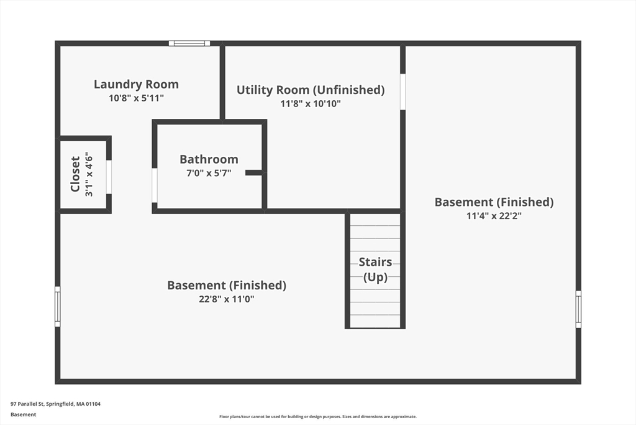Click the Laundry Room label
[136, 84]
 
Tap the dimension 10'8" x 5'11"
[136, 98]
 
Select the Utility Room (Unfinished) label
[311, 90]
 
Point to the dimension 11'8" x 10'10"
[311, 104]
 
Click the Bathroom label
[209, 159]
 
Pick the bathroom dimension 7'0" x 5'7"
[209, 173]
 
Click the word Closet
[75, 174]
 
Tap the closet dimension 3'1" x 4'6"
[89, 175]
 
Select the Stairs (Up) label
[375, 269]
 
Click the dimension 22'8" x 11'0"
[227, 299]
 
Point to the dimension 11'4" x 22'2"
[494, 216]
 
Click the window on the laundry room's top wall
[189, 44]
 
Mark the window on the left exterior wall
[58, 306]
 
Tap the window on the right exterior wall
[578, 309]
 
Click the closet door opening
[109, 177]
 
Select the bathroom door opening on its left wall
[155, 185]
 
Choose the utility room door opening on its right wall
[402, 91]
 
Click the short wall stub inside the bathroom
[254, 173]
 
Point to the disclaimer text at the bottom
[318, 416]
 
